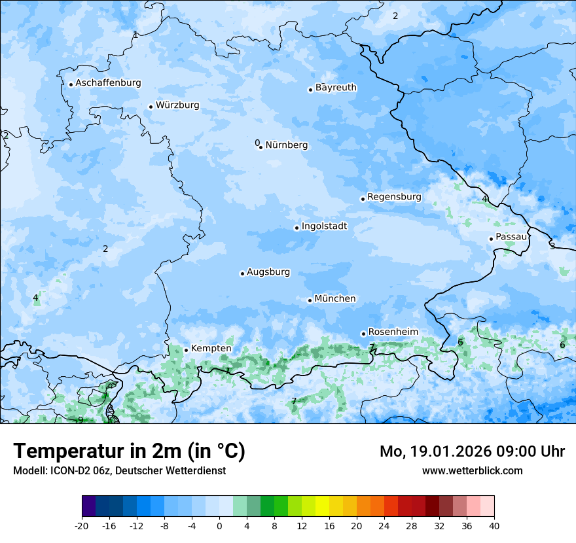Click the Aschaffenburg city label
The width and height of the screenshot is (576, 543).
(x=108, y=83)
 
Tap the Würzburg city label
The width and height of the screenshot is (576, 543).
(x=177, y=105)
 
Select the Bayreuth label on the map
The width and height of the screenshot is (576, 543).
(x=336, y=88)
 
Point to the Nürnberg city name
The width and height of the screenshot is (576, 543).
(x=286, y=145)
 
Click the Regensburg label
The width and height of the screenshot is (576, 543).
(x=394, y=197)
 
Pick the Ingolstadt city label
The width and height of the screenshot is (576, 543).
(x=324, y=226)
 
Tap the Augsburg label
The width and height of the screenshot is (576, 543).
(x=268, y=272)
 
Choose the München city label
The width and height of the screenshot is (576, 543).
(x=335, y=299)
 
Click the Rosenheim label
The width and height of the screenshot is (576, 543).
(x=393, y=332)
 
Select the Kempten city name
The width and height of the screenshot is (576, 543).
(x=211, y=349)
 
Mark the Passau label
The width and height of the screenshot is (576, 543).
(x=511, y=237)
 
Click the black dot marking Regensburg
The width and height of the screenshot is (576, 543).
(x=363, y=199)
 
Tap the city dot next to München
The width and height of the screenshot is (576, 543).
(x=310, y=301)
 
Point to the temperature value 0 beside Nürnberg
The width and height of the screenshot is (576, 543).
(x=257, y=143)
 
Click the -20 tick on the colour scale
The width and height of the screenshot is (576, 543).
(x=82, y=526)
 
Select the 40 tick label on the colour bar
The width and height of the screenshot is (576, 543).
(x=494, y=526)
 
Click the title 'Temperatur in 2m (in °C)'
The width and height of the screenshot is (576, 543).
(x=129, y=451)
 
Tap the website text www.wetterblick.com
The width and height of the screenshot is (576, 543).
(x=472, y=471)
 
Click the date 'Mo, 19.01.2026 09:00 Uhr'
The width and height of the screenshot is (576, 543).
(x=472, y=452)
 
